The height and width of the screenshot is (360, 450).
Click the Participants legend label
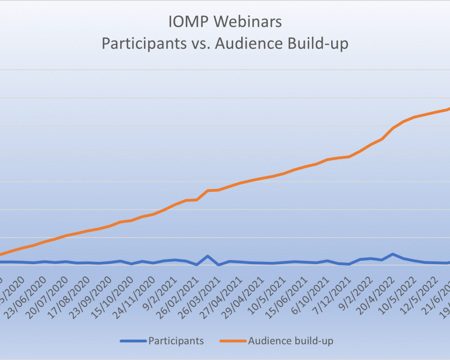tap(176, 341)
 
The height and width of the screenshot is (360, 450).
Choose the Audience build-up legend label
tap(291, 341)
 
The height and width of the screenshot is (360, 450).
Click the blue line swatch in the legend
tap(133, 341)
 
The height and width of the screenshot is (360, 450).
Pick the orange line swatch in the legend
tap(234, 341)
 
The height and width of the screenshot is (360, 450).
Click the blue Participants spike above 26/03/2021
tap(208, 256)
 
